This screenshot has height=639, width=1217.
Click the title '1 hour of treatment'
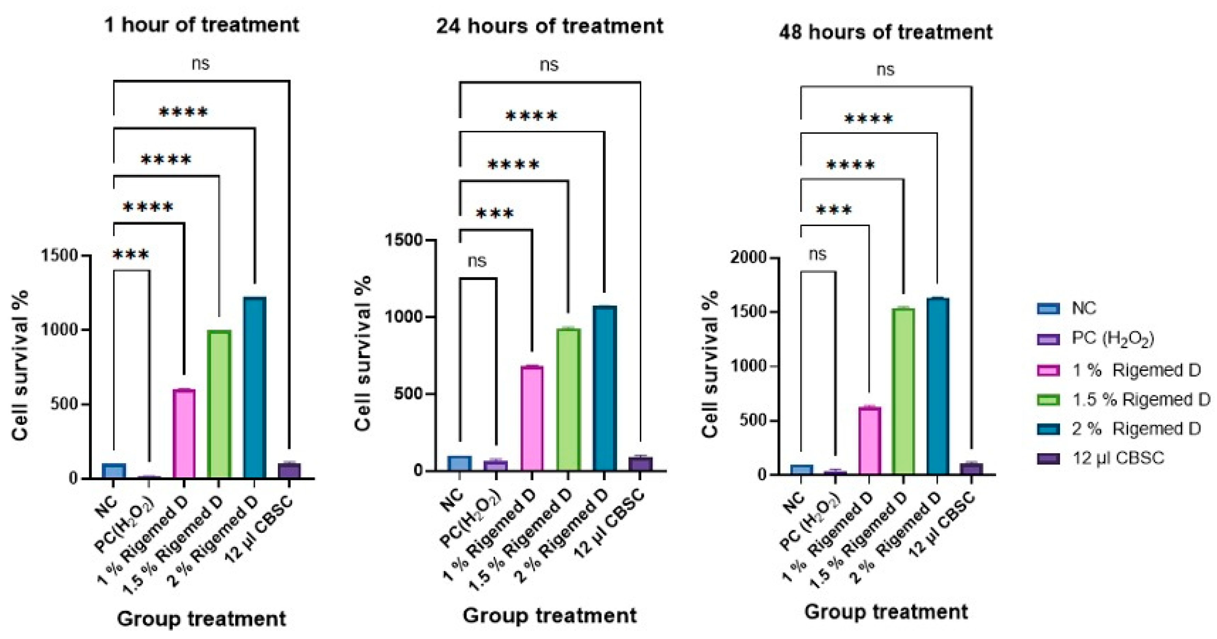pos(201,25)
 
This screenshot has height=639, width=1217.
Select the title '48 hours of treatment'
pos(885,32)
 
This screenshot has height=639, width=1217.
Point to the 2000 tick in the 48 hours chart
pos(748,258)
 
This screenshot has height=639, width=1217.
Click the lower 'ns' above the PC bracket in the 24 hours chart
pos(477,261)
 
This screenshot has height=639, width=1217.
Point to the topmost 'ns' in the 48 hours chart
pos(885,70)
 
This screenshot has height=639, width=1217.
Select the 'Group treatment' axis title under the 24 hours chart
pos(549,615)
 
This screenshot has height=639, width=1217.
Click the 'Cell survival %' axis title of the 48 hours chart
pos(710,364)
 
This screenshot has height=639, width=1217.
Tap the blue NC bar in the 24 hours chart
pos(460,463)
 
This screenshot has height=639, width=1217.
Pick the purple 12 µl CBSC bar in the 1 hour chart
pos(289,470)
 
